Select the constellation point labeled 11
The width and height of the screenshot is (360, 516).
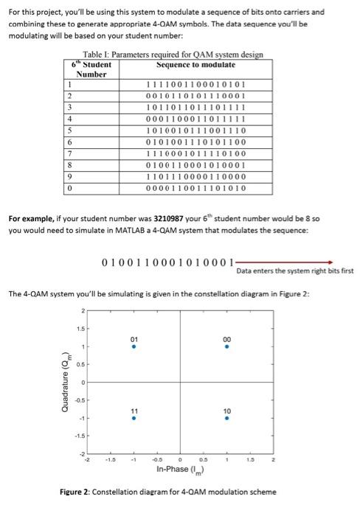pos(134,416)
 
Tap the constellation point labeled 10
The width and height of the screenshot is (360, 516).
pos(227,416)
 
